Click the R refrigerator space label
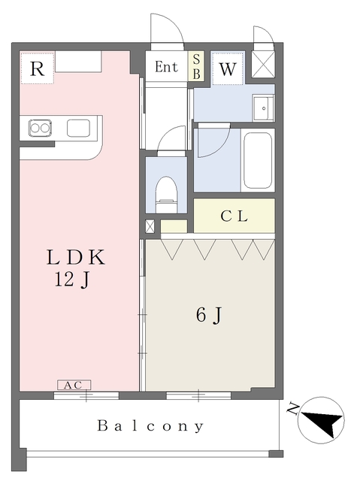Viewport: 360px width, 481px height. point(37,69)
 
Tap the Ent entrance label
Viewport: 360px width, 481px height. point(166,67)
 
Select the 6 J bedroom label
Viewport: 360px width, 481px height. point(208,316)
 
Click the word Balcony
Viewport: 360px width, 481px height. point(150,426)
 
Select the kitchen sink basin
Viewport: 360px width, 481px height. point(78,128)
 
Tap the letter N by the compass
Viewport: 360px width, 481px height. point(294,410)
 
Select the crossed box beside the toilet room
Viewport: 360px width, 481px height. point(150,225)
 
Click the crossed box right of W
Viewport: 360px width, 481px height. point(265,64)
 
